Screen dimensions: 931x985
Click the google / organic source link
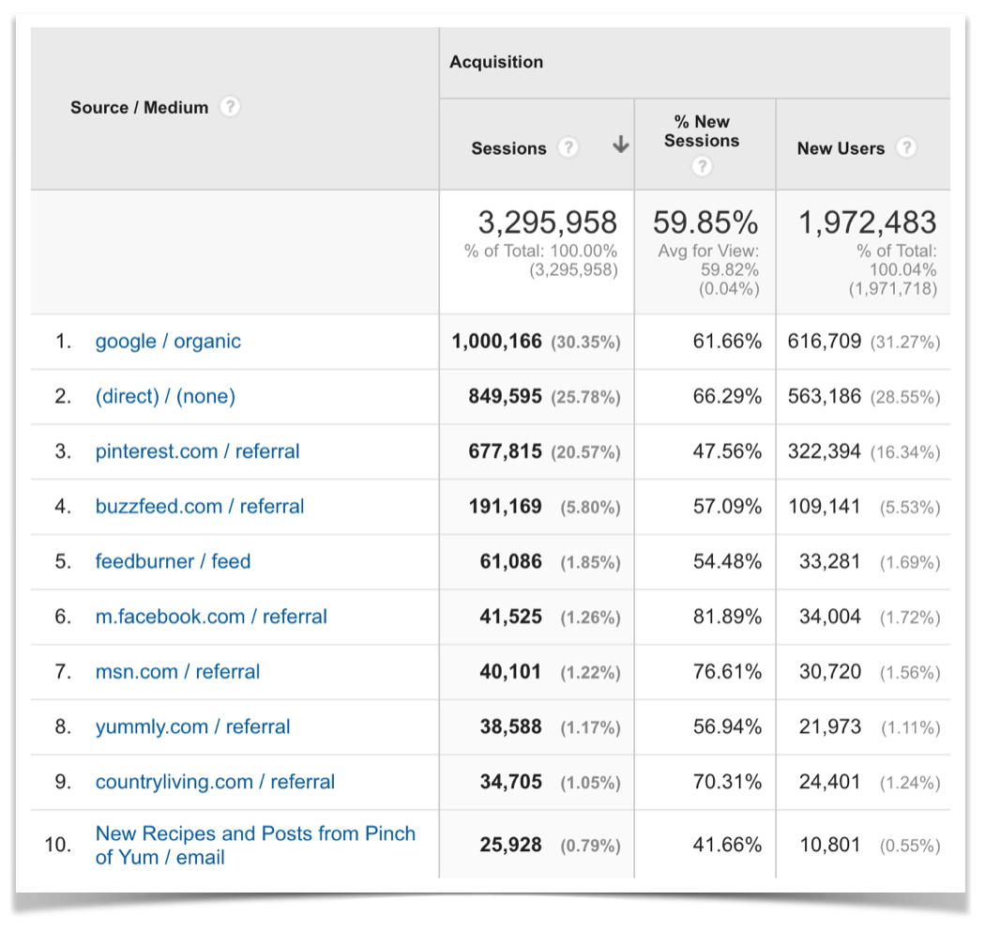coord(168,342)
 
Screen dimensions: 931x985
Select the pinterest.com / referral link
coord(197,451)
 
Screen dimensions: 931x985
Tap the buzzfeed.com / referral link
coord(200,507)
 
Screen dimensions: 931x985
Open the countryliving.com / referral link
coord(215,783)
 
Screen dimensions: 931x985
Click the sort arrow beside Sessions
coord(620,145)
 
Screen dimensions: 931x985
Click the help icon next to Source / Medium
coord(230,107)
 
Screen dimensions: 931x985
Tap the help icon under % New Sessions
coord(702,167)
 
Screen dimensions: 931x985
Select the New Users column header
coord(841,148)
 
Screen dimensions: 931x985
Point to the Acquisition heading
coord(496,62)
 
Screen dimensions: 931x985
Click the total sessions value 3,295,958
coord(548,222)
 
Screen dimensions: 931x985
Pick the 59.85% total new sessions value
coord(705,222)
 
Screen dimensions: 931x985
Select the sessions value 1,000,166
coord(497,342)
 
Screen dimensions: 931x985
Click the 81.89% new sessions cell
coord(727,617)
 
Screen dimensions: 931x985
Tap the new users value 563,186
coord(825,396)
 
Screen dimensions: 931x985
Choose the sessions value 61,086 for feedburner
coord(510,562)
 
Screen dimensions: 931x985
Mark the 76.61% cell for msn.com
coord(727,672)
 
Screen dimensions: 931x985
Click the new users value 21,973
coord(829,727)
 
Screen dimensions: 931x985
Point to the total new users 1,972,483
coord(867,222)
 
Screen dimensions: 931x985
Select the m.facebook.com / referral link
coord(211,617)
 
